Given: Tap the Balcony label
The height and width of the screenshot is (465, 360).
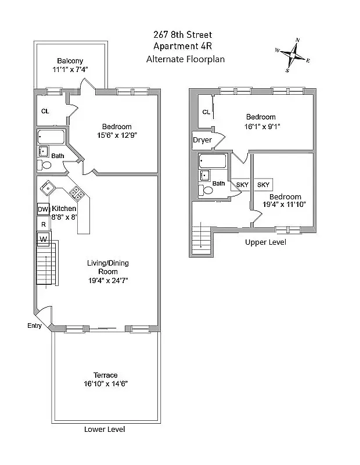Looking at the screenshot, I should click(x=70, y=61).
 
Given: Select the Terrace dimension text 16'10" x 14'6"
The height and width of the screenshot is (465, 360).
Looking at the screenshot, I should click(x=105, y=384).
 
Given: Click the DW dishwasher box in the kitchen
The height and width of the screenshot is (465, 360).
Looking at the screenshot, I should click(x=42, y=209).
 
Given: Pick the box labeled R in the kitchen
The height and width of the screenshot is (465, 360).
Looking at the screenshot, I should click(x=43, y=223).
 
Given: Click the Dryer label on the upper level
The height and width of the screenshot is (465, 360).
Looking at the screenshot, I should click(x=202, y=140).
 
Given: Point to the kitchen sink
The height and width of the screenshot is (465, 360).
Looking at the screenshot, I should click(x=47, y=188).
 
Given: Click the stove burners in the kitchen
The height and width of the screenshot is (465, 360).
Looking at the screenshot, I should click(x=75, y=192).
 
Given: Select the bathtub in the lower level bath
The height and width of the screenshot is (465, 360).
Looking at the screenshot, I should click(x=52, y=137).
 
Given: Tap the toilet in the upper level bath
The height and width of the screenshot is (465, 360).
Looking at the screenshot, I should click(x=206, y=189).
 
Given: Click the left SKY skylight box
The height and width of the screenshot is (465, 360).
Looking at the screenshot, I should click(x=242, y=185).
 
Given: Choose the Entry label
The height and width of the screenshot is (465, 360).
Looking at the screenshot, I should click(x=34, y=326).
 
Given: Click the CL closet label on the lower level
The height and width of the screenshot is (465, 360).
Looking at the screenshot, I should click(x=45, y=112).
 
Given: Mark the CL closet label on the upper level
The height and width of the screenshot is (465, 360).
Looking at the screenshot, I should click(x=206, y=112).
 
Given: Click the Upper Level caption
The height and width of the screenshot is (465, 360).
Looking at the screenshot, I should click(x=265, y=242).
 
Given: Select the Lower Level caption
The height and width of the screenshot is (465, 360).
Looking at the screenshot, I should click(x=105, y=430).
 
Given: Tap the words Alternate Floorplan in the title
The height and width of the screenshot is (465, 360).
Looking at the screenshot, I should click(x=185, y=59).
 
